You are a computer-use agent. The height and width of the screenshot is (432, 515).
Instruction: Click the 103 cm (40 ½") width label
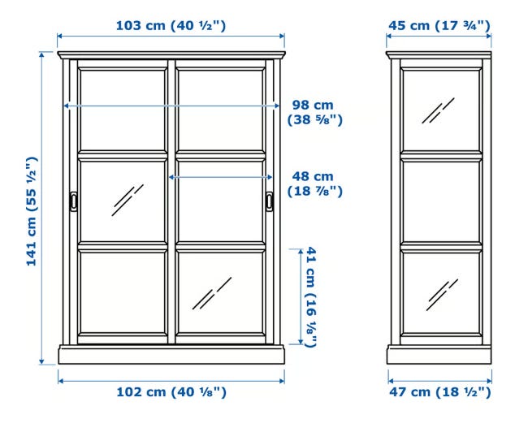(171, 26)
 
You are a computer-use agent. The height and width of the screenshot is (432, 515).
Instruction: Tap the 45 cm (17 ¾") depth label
(439, 26)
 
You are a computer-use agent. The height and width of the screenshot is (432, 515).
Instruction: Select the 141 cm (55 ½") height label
(32, 212)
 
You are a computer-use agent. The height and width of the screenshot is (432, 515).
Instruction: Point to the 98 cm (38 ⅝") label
(314, 113)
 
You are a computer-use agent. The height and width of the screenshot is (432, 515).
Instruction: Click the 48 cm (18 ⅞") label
(314, 184)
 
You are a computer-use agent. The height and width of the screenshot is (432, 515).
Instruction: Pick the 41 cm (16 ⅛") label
(311, 297)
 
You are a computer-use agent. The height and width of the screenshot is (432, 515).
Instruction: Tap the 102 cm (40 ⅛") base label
(171, 392)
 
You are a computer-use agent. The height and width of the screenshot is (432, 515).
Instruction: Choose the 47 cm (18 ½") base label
(440, 392)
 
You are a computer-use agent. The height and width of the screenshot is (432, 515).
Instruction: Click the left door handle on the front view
(73, 201)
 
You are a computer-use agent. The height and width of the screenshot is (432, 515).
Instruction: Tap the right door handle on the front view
(270, 201)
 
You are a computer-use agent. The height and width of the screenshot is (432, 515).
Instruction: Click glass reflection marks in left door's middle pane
(128, 200)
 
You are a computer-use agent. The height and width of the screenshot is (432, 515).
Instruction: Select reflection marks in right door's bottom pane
(212, 293)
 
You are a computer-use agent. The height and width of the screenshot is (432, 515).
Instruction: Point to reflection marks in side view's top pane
(438, 110)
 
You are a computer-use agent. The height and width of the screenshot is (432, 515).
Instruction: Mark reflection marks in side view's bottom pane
(442, 295)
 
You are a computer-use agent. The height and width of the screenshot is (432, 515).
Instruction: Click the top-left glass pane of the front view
(123, 110)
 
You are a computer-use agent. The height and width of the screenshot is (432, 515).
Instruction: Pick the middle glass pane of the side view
(442, 201)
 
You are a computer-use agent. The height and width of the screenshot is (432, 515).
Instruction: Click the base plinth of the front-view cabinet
(171, 354)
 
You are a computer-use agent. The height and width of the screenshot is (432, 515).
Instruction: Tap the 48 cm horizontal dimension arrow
(220, 177)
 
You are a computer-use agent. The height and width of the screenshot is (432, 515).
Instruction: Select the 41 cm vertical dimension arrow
(301, 296)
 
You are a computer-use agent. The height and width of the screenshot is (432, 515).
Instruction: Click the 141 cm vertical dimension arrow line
(41, 208)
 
